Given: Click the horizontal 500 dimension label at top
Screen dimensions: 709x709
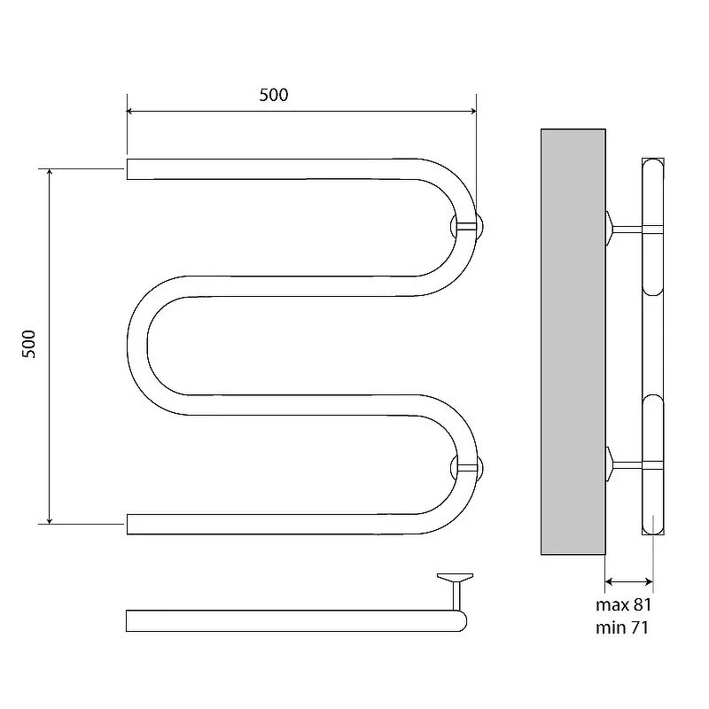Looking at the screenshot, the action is click(x=274, y=95).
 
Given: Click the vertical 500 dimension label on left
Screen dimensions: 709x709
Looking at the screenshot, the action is click(x=28, y=344).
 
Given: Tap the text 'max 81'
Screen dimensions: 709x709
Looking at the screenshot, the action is click(x=624, y=605).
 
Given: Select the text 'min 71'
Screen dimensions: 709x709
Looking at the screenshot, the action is click(x=622, y=627).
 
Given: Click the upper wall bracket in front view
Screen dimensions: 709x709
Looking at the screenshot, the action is click(x=468, y=226).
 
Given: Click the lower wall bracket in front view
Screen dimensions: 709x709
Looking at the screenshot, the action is click(x=468, y=468).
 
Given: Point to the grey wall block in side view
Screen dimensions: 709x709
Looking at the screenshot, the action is click(x=573, y=342).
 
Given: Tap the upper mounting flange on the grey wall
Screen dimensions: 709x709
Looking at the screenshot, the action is click(x=609, y=229).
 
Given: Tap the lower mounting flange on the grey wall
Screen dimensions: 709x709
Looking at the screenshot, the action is click(x=609, y=464).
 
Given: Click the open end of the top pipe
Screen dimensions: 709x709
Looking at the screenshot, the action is click(x=128, y=169).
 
